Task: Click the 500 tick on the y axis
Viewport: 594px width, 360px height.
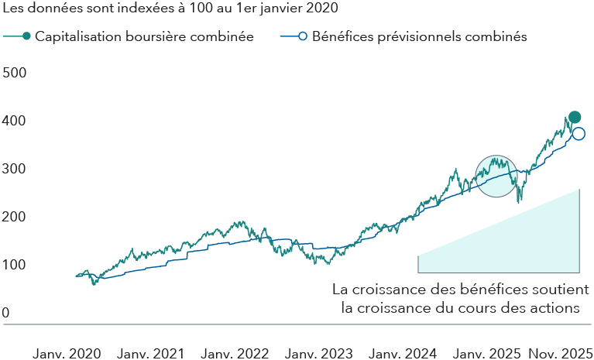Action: click(14, 73)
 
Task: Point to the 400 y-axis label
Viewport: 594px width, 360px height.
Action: click(14, 122)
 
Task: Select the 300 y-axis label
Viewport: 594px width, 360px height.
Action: click(14, 170)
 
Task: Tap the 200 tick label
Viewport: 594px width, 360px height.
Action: click(14, 218)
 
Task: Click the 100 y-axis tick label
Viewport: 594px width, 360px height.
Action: click(14, 266)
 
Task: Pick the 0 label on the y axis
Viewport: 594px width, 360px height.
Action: click(5, 314)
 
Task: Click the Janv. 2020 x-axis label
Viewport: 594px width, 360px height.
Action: click(67, 353)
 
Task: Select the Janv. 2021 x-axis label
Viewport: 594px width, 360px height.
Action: click(151, 353)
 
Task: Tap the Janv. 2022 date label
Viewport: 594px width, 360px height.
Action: click(235, 353)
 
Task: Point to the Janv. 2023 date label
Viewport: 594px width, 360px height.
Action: click(318, 353)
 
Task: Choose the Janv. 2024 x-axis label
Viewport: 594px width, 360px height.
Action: click(402, 353)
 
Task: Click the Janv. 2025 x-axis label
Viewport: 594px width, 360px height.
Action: click(486, 353)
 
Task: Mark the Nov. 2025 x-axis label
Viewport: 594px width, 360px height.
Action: click(561, 353)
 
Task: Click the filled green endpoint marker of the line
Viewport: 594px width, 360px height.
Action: click(574, 118)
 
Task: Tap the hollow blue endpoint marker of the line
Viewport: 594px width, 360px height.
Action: click(579, 134)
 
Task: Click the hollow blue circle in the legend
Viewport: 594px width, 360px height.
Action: click(303, 36)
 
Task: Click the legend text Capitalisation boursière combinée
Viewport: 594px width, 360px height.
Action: click(145, 36)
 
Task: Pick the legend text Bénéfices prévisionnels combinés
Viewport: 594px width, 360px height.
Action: click(419, 36)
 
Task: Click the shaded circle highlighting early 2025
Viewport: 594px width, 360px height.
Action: click(496, 176)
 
